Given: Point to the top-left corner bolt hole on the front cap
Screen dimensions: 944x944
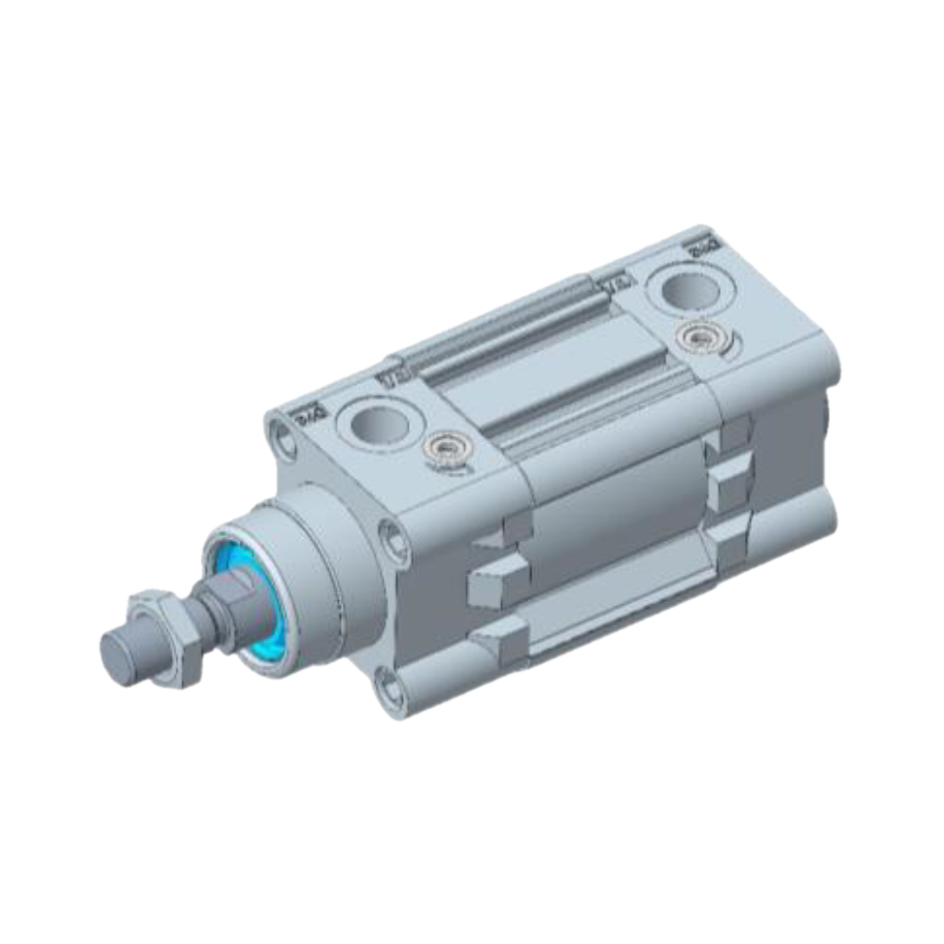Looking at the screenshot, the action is (281, 437).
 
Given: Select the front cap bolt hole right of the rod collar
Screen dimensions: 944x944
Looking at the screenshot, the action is (393, 541).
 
